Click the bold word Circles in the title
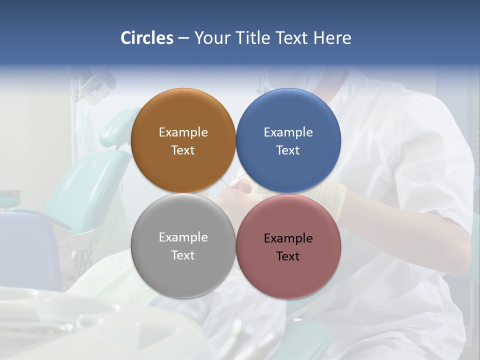coord(147,38)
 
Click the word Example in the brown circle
coord(183,132)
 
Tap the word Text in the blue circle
coord(288,150)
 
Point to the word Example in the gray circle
coord(183,237)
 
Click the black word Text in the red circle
coord(288,256)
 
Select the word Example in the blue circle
coord(288,132)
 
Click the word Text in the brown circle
coord(183,150)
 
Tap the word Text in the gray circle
coord(183,255)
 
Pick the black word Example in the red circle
coord(288,238)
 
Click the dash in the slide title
coord(183,38)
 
